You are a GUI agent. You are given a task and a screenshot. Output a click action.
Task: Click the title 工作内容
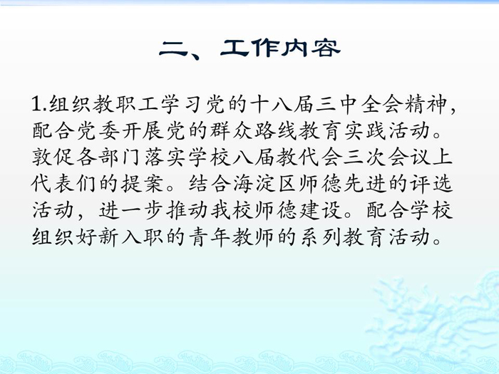280,48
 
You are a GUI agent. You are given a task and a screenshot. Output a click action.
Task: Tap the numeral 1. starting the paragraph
39,104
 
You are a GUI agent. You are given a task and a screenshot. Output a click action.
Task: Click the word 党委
98,130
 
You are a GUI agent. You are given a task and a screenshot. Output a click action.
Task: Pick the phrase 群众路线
254,130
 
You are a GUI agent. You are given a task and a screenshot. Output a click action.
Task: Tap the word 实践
366,130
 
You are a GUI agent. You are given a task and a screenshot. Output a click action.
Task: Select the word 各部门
109,157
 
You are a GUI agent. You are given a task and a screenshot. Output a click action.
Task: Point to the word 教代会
309,157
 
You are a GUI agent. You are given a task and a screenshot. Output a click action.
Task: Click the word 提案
143,184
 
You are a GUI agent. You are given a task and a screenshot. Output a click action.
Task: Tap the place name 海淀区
265,184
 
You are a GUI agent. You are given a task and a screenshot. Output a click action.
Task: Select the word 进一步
131,210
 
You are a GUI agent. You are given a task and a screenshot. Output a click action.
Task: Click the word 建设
321,210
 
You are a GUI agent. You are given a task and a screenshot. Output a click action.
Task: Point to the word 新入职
131,237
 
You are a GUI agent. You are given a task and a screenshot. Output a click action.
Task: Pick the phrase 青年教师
232,237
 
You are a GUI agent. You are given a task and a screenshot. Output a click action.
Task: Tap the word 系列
321,237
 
